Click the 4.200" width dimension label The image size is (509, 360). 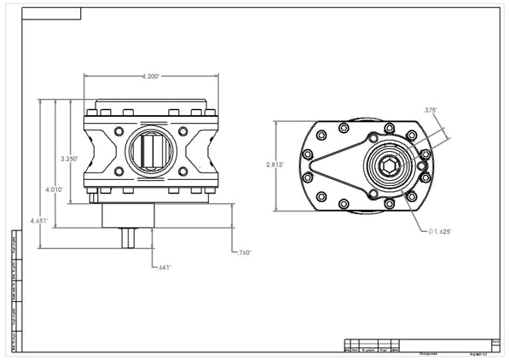point(153,77)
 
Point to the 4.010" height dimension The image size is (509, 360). point(55,189)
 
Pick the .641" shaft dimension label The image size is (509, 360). point(164,267)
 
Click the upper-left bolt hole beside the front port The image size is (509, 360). point(119,133)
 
